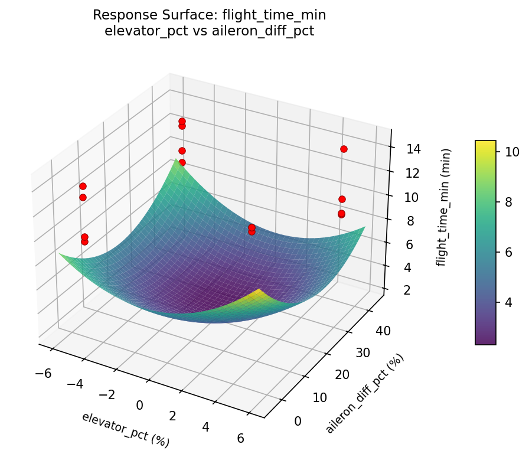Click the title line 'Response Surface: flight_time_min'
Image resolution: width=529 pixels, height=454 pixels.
[x=209, y=15]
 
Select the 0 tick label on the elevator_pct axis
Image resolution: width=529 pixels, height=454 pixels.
[x=140, y=405]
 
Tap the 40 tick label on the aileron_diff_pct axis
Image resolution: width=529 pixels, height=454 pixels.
[x=384, y=332]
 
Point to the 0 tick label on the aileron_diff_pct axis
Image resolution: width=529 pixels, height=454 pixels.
[x=298, y=420]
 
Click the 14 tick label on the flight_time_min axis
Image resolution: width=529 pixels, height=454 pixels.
[x=413, y=149]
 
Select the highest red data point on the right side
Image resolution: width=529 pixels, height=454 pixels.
[x=344, y=149]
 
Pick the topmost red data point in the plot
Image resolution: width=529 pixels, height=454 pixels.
[x=182, y=121]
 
